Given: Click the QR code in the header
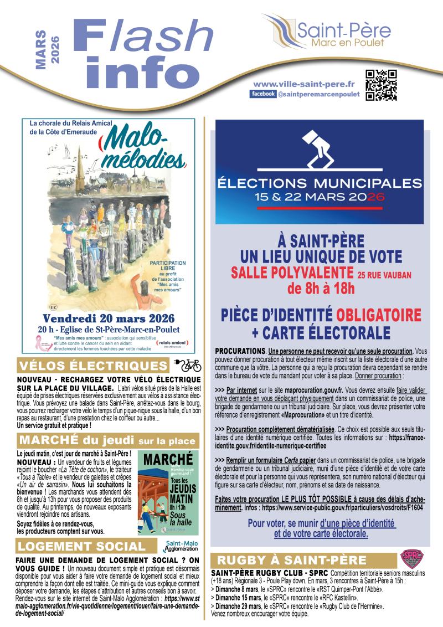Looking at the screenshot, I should [382, 86].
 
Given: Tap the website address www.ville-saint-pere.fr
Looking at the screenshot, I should [303, 84].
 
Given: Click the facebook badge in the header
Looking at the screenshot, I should [263, 95].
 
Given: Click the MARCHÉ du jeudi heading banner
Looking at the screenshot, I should [107, 441].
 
